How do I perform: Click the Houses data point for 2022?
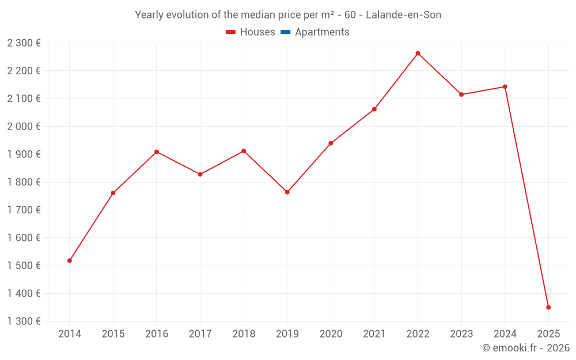tap(418, 54)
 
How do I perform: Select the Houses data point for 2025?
tap(548, 308)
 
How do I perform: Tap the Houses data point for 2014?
tap(70, 261)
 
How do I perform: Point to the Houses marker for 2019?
tap(287, 192)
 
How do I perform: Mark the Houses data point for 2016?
tap(157, 152)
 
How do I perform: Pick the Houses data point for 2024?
tap(505, 87)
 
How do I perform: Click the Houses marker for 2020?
tap(331, 143)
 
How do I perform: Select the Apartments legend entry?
tap(322, 32)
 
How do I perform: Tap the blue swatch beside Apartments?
tap(285, 32)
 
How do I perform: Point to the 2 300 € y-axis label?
tap(24, 43)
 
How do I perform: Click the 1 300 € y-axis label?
tap(24, 321)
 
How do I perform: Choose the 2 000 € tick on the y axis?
tap(24, 126)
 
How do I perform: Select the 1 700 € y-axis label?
tap(24, 210)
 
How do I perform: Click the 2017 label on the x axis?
tap(200, 334)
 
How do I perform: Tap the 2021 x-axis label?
tap(374, 334)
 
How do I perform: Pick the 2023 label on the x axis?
tap(461, 334)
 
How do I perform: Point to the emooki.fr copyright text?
tap(526, 348)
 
